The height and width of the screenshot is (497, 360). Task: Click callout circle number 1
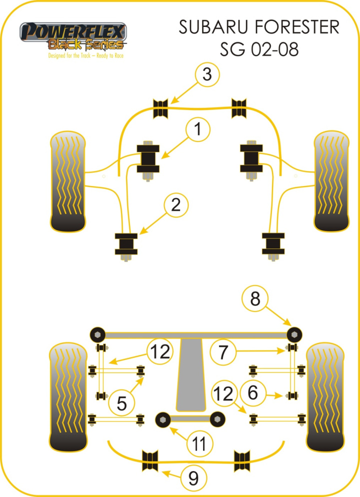click(198, 130)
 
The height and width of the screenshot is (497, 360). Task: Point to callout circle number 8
click(255, 299)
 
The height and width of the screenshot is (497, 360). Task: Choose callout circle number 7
click(222, 352)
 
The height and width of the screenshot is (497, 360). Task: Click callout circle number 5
click(122, 402)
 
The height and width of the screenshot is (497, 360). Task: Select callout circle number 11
click(199, 442)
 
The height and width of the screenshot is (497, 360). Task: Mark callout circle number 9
click(192, 479)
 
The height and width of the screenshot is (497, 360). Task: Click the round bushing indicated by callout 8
click(295, 333)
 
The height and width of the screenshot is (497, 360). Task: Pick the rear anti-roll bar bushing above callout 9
click(150, 460)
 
